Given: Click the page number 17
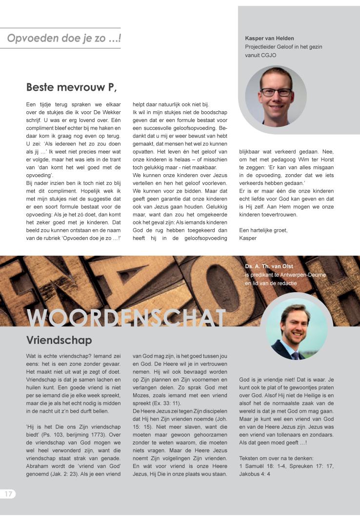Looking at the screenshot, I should (x=8, y=494).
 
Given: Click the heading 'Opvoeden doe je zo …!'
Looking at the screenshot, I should (x=64, y=38).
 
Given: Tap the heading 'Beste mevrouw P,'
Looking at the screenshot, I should (x=71, y=87).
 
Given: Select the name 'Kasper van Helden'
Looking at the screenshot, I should (x=269, y=38).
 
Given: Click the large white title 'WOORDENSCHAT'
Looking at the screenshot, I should (x=126, y=318).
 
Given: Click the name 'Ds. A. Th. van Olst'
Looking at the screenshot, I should (x=271, y=266).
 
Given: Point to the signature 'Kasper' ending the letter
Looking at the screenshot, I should (x=248, y=238).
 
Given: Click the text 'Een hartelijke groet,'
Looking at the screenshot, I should (x=263, y=230).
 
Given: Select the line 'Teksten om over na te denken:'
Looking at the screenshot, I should (x=276, y=458).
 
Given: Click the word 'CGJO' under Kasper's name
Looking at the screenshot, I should (x=254, y=55).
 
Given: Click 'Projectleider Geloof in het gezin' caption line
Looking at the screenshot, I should (x=283, y=47).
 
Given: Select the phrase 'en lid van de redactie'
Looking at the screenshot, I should (x=271, y=283).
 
